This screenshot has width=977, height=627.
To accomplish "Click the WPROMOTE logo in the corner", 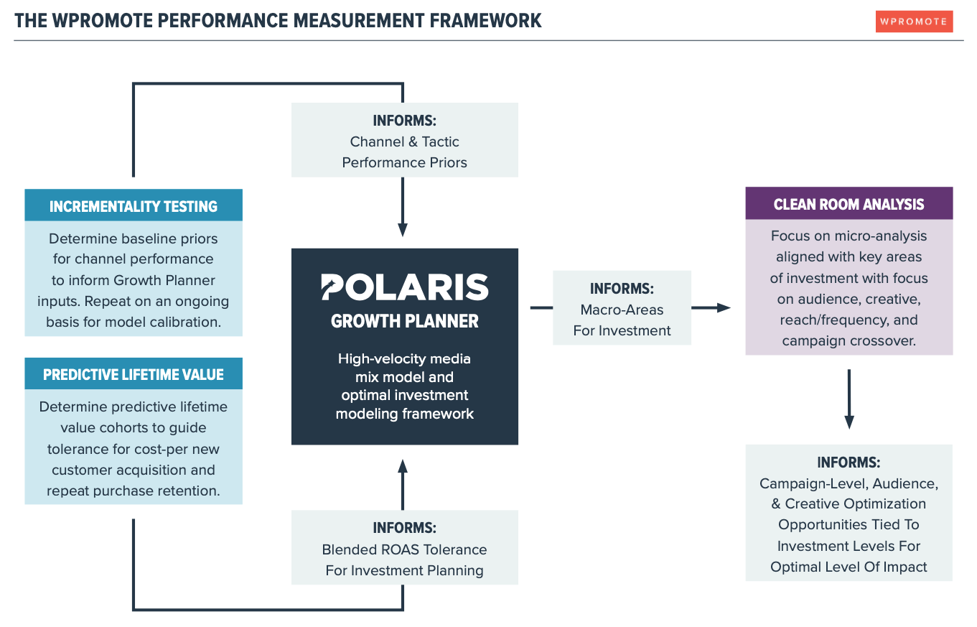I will click(x=914, y=22).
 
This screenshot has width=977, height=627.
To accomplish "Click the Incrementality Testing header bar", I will click(x=134, y=206).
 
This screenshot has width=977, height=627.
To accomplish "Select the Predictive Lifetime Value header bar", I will click(x=134, y=374).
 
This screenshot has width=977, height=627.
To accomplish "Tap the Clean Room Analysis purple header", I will click(x=849, y=204).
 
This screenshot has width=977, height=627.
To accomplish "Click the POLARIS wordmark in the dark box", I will click(x=404, y=287).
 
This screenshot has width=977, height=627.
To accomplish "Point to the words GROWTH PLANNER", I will click(x=404, y=321).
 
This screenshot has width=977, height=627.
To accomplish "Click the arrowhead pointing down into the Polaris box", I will click(x=403, y=230).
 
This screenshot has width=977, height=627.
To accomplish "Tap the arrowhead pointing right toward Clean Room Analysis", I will click(x=723, y=307).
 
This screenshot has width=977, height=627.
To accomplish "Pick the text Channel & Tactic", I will click(x=404, y=141).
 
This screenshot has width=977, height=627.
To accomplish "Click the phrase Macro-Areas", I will click(x=622, y=310).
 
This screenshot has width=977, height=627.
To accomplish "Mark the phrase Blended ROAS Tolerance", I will click(x=404, y=549).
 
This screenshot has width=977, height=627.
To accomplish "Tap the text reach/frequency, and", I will click(x=849, y=320).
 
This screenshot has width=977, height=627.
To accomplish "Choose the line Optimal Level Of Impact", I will click(x=849, y=567).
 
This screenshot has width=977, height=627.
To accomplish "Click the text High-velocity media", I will click(x=404, y=358).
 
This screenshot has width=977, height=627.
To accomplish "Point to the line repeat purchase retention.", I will click(x=134, y=491).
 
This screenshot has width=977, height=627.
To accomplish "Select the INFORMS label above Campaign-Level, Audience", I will click(x=849, y=462).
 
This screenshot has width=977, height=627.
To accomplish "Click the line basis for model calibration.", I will click(x=134, y=322).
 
